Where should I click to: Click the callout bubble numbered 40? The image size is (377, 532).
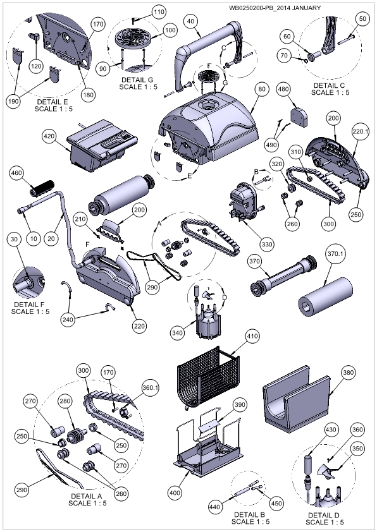(x=191, y=21)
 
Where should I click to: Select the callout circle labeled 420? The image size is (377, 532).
(x=49, y=136)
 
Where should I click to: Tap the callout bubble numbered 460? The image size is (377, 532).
(x=16, y=172)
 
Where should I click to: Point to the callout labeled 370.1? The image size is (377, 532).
(x=335, y=253)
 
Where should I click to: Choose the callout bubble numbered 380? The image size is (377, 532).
(x=348, y=372)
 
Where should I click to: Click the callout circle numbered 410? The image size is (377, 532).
(x=252, y=336)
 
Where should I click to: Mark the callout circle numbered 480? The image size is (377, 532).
(x=283, y=89)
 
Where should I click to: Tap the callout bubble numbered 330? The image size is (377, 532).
(x=267, y=244)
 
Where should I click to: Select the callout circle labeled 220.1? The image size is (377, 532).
(x=360, y=131)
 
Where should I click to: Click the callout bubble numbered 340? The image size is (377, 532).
(x=178, y=332)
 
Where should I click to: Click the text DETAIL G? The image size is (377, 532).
(x=137, y=80)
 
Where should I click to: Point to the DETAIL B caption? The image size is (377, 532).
(x=249, y=514)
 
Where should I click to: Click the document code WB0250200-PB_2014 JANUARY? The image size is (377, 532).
(x=275, y=8)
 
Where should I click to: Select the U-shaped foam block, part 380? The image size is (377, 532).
(x=296, y=399)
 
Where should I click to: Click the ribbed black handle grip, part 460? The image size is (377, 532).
(x=42, y=188)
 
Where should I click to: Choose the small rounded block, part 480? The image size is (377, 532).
(x=299, y=117)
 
